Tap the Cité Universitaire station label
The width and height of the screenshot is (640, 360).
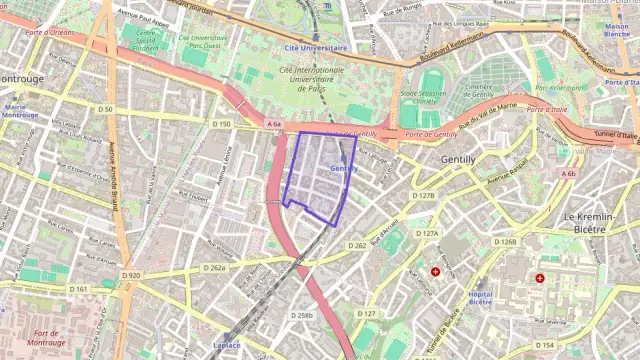click(x=316, y=47)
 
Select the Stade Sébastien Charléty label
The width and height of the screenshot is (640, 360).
click(x=423, y=97)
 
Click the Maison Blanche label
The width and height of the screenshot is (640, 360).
click(x=616, y=31)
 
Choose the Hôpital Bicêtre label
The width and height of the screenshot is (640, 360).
click(x=481, y=297)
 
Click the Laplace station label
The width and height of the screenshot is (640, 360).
click(x=225, y=346)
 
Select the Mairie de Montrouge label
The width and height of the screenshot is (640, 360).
click(x=20, y=111)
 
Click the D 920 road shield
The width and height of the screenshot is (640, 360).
click(x=131, y=275)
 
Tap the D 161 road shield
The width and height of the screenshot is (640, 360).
click(x=79, y=289)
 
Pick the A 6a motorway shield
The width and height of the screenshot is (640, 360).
click(x=274, y=124)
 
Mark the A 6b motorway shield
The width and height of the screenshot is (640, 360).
click(x=568, y=174)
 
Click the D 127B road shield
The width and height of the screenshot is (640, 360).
click(x=426, y=196)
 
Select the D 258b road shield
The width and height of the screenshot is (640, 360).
click(x=302, y=316)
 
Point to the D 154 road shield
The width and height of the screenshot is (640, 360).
click(x=544, y=345)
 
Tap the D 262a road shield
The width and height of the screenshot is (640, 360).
click(x=215, y=268)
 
